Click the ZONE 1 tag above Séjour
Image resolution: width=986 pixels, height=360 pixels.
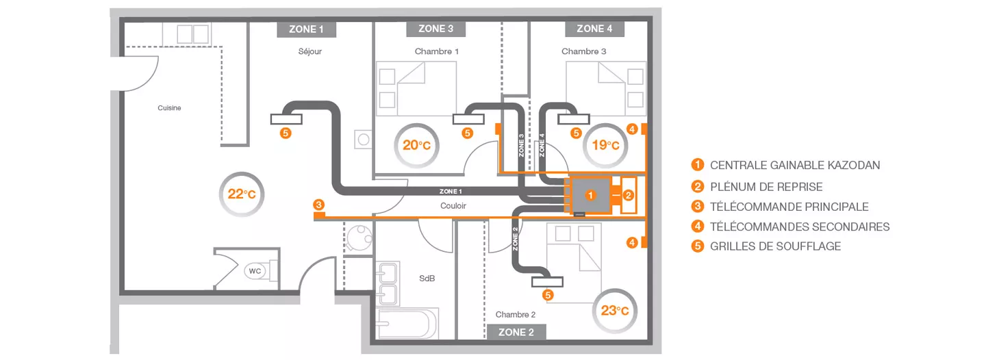click(306, 29)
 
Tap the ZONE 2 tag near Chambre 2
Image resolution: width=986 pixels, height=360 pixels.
click(516, 332)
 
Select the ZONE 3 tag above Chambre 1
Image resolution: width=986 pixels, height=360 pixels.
click(435, 29)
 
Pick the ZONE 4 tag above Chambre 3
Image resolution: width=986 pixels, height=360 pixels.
click(594, 29)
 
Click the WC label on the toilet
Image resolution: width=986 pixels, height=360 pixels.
click(255, 271)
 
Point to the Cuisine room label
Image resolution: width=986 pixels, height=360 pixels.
click(170, 108)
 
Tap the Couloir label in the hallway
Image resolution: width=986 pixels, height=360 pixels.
click(453, 206)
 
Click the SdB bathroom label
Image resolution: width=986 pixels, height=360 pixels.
click(427, 279)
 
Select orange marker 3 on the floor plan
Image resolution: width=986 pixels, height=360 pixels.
click(318, 205)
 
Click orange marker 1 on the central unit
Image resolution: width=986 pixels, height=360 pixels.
click(590, 195)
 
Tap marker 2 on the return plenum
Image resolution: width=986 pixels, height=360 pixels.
click(628, 196)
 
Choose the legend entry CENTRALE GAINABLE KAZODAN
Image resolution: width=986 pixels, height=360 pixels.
click(786, 165)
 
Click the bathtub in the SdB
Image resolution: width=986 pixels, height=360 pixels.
click(407, 324)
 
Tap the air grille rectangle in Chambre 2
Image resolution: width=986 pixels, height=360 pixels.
click(547, 282)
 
